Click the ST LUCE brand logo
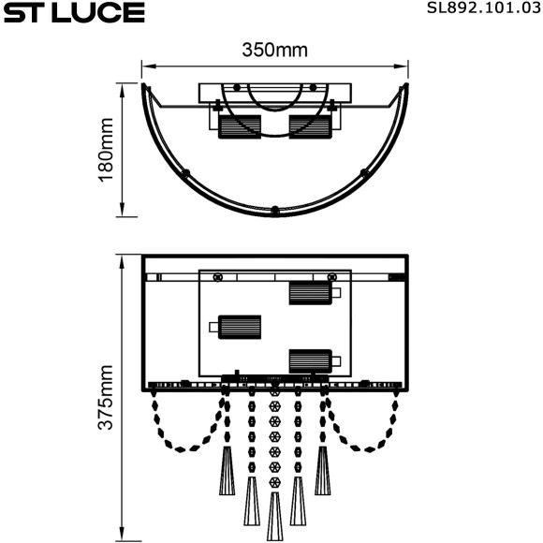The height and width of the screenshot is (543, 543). [x=73, y=13]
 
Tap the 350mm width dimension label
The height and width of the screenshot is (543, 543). [x=274, y=51]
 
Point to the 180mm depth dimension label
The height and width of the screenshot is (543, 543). [x=106, y=149]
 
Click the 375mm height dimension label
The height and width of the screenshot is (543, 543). [x=106, y=398]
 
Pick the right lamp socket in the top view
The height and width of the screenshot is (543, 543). [x=310, y=126]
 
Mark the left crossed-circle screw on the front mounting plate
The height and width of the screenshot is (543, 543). [x=218, y=277]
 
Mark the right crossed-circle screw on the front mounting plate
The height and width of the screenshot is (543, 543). [x=331, y=277]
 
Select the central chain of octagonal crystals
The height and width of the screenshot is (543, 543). [x=274, y=440]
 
